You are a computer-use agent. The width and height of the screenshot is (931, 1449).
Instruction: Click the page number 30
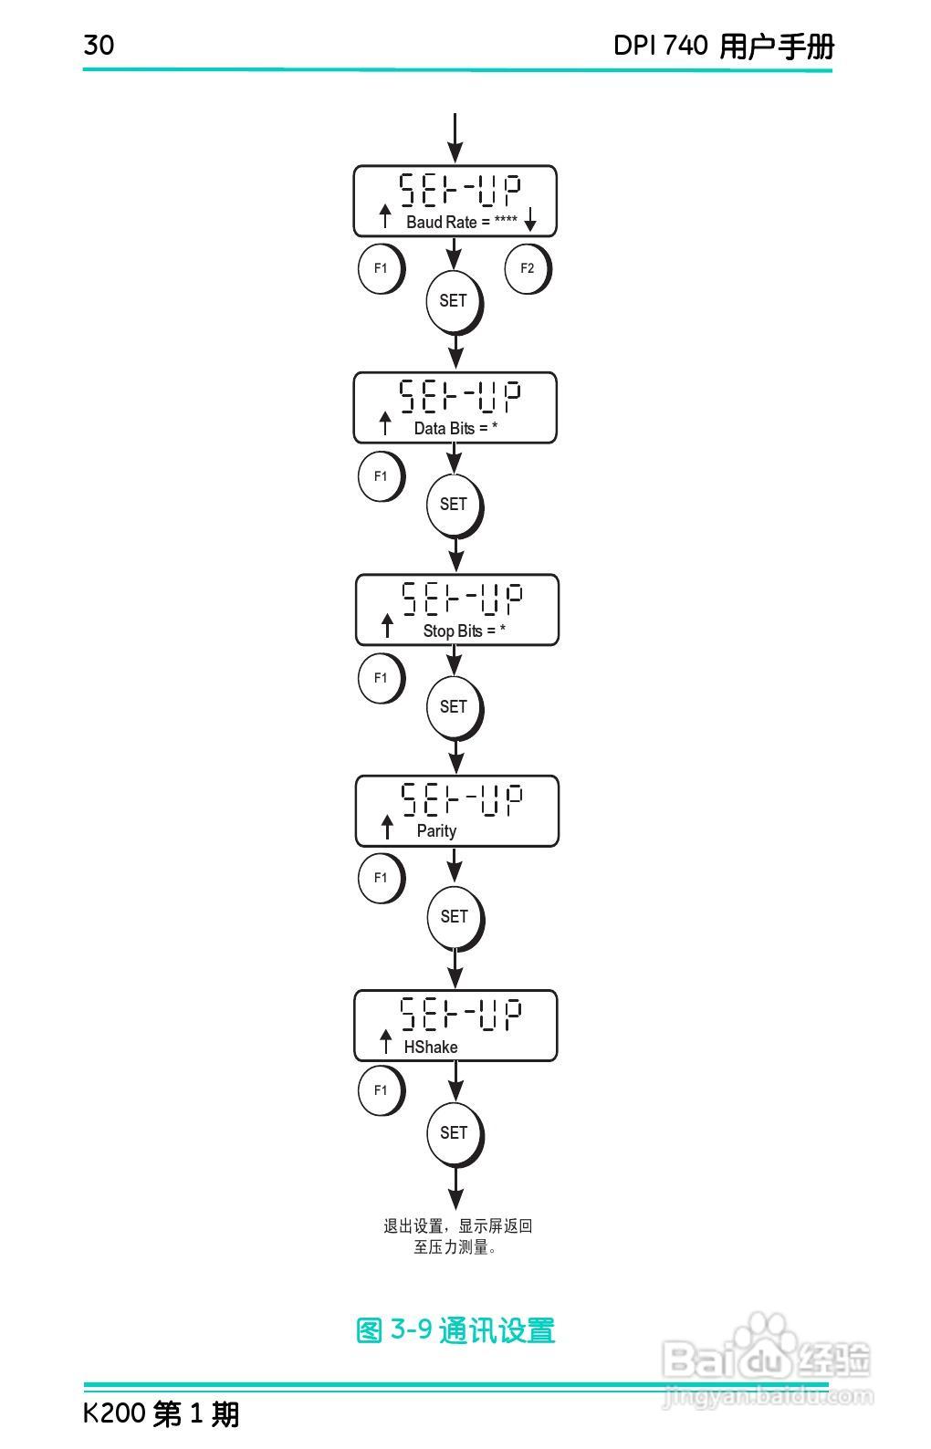(99, 45)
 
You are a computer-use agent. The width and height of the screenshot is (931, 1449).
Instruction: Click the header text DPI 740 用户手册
(723, 46)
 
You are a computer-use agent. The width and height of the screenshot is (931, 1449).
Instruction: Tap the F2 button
(527, 268)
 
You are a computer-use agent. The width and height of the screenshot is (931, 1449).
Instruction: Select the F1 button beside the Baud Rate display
(381, 268)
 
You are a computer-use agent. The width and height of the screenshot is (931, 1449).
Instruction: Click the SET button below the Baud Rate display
(453, 301)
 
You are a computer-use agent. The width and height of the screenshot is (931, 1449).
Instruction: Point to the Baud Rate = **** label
(462, 222)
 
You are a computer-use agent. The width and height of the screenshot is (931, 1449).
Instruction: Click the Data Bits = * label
(455, 428)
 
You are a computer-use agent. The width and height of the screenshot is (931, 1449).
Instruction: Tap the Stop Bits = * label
(464, 631)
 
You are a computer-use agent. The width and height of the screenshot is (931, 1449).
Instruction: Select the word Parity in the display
(436, 830)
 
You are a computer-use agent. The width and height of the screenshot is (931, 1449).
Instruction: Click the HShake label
(431, 1047)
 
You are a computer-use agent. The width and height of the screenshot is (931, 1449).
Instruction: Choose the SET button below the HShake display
(454, 1133)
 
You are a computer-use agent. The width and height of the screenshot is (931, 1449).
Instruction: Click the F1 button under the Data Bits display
(381, 476)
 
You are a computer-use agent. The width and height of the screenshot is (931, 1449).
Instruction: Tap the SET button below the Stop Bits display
(454, 707)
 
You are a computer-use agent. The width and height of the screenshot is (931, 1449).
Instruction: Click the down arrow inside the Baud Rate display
(530, 219)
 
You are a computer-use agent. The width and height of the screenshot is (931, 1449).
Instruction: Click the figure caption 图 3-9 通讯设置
(455, 1330)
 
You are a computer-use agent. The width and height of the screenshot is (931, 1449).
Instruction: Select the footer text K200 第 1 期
(161, 1413)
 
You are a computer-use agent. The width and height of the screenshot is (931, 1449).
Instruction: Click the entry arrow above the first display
(455, 137)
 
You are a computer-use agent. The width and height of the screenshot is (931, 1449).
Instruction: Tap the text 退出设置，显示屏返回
(457, 1226)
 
